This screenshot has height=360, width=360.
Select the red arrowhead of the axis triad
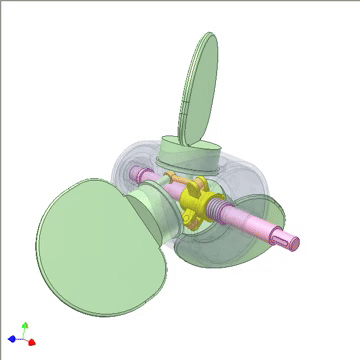[32, 342]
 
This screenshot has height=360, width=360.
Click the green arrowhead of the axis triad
[25, 326]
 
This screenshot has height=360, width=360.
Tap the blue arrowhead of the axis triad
[11, 339]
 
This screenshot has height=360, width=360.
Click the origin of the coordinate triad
[23, 338]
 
